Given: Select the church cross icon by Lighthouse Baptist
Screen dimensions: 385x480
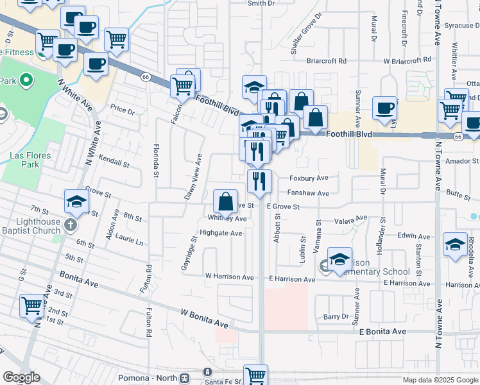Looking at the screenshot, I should click(71, 225).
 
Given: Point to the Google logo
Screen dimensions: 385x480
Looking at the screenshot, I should click(21, 377).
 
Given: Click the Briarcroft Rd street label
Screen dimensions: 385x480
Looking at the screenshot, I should click(326, 61).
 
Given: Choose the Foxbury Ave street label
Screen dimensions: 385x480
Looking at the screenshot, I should click(309, 178).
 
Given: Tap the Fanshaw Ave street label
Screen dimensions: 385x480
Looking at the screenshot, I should click(308, 193).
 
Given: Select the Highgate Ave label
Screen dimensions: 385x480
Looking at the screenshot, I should click(221, 233).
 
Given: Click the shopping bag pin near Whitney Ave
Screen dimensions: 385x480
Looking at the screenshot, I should click(226, 201).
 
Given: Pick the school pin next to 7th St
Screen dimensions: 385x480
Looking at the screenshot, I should click(77, 201).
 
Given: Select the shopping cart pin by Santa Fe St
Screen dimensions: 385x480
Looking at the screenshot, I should click(255, 374).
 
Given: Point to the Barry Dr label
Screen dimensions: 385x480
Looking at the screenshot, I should click(336, 316).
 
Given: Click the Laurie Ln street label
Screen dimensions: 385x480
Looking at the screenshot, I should click(130, 242).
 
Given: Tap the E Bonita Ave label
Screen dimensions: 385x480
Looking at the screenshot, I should click(382, 331).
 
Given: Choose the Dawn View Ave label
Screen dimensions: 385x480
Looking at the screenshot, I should click(194, 176).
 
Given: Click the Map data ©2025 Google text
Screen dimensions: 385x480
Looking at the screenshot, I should click(440, 380).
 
